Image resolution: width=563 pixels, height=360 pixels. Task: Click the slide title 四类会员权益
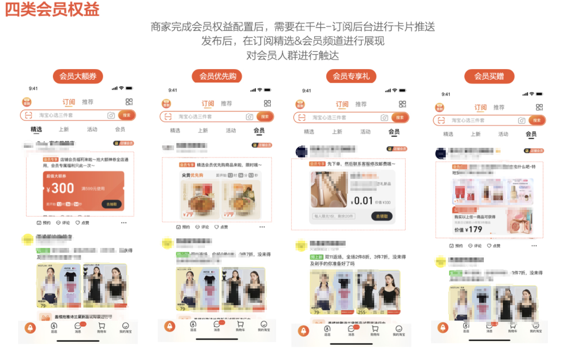click(52, 10)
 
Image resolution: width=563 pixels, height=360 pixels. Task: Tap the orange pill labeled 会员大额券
click(78, 76)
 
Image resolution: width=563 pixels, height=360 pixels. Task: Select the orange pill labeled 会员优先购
click(217, 76)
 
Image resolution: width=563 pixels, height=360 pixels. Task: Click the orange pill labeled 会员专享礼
click(351, 76)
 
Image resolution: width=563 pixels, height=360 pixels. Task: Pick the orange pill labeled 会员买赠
click(489, 76)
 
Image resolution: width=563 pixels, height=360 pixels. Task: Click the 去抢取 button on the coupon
click(112, 204)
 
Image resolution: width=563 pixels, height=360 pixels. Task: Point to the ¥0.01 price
click(361, 201)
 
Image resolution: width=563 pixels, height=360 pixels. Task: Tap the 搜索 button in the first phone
click(126, 115)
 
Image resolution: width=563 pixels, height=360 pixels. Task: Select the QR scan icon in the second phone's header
click(267, 103)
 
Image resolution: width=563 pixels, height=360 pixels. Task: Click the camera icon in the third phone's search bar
click(385, 117)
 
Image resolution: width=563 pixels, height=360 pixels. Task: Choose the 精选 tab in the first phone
click(36, 129)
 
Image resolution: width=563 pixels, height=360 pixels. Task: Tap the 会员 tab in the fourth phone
click(531, 134)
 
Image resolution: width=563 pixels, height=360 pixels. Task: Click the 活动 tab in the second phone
click(231, 130)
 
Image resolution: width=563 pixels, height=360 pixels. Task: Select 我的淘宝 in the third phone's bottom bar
click(399, 330)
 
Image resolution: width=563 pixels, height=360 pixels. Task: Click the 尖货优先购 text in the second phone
click(193, 175)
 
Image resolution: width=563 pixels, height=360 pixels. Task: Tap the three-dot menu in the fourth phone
click(534, 246)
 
